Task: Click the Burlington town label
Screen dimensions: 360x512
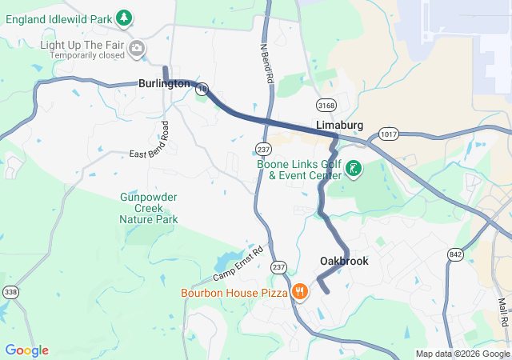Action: (163, 83)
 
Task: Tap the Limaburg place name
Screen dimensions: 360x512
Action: (340, 126)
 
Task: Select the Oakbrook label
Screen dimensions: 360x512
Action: (344, 262)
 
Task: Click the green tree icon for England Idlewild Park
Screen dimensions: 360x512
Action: (123, 17)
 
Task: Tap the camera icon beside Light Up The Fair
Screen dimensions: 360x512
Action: (138, 50)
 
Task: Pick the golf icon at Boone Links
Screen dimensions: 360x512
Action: (353, 169)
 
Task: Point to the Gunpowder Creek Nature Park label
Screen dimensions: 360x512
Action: (148, 208)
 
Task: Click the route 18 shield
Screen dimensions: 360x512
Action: (203, 89)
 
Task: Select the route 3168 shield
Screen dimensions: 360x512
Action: (326, 106)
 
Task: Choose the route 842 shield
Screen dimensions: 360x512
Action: (456, 254)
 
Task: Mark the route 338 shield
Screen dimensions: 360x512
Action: (10, 293)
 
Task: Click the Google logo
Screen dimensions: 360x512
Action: (26, 350)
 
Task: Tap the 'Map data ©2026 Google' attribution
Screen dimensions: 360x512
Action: (462, 354)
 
